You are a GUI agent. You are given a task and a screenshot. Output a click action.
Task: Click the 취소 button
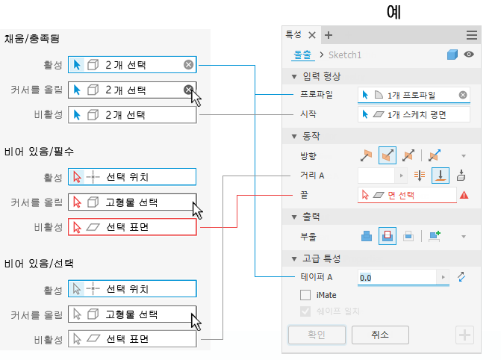pos(380,335)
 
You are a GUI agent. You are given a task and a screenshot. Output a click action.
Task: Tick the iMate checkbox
pos(305,296)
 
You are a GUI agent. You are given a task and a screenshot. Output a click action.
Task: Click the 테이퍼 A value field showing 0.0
pos(396,277)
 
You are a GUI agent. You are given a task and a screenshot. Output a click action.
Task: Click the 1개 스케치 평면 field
pos(414,114)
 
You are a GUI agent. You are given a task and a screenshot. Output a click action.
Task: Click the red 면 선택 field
pos(407,195)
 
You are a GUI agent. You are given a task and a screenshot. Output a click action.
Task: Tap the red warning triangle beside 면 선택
pos(464,195)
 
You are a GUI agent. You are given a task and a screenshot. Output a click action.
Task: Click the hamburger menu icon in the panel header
pos(471,34)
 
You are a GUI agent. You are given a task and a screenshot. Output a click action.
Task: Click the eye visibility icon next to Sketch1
pos(469,55)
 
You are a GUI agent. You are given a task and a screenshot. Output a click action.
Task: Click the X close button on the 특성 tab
pos(312,34)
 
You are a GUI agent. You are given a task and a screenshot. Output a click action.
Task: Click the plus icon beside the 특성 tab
pos(329,34)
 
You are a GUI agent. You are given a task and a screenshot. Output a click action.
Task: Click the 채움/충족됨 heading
pos(36,39)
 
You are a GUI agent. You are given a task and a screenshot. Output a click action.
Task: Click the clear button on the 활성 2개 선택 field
pos(189,65)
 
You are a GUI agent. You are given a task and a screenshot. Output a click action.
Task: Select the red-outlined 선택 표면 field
pos(132,226)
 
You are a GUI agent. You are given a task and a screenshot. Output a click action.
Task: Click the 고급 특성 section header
pos(321,258)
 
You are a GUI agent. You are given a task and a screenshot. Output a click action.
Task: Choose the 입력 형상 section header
pos(321,77)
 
